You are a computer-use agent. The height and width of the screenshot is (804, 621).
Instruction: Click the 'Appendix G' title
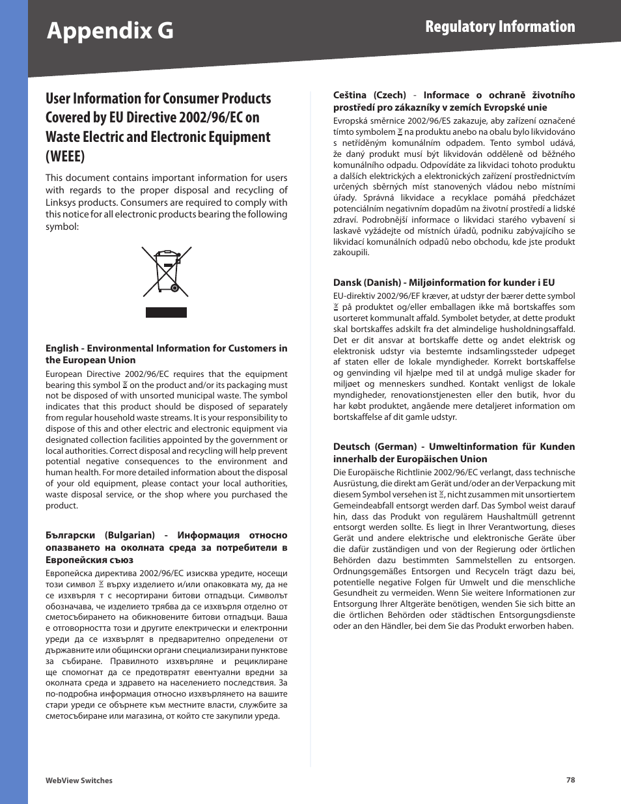(x=110, y=31)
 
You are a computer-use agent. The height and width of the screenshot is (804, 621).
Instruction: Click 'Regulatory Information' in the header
(x=500, y=27)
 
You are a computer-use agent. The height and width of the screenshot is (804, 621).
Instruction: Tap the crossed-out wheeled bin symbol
(x=167, y=271)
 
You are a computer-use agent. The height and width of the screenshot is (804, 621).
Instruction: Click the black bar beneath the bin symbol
(x=166, y=312)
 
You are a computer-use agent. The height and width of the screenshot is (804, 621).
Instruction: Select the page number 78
(x=570, y=780)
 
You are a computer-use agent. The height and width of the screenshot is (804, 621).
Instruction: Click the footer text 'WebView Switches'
(x=79, y=781)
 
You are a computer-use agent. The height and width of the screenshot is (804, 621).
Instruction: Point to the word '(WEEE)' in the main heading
(x=65, y=156)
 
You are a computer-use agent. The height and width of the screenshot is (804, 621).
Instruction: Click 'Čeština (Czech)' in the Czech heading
(x=369, y=95)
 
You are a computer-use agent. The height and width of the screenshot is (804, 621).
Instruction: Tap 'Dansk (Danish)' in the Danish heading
(x=366, y=283)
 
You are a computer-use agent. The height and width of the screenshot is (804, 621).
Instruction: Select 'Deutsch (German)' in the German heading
(x=374, y=447)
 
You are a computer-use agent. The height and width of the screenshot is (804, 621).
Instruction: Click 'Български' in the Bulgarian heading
(x=70, y=535)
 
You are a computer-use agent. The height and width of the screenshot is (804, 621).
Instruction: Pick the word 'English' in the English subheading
(x=62, y=348)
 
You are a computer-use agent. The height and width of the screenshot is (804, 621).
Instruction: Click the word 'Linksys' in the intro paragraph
(x=62, y=202)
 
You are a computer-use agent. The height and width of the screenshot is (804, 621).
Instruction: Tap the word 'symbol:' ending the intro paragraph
(x=62, y=227)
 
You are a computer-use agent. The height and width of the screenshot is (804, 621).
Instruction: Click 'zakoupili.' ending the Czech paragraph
(x=351, y=253)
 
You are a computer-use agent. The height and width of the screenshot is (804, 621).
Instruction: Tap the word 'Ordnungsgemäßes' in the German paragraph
(x=369, y=571)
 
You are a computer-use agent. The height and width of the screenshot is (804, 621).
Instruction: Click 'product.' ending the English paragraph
(x=62, y=506)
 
